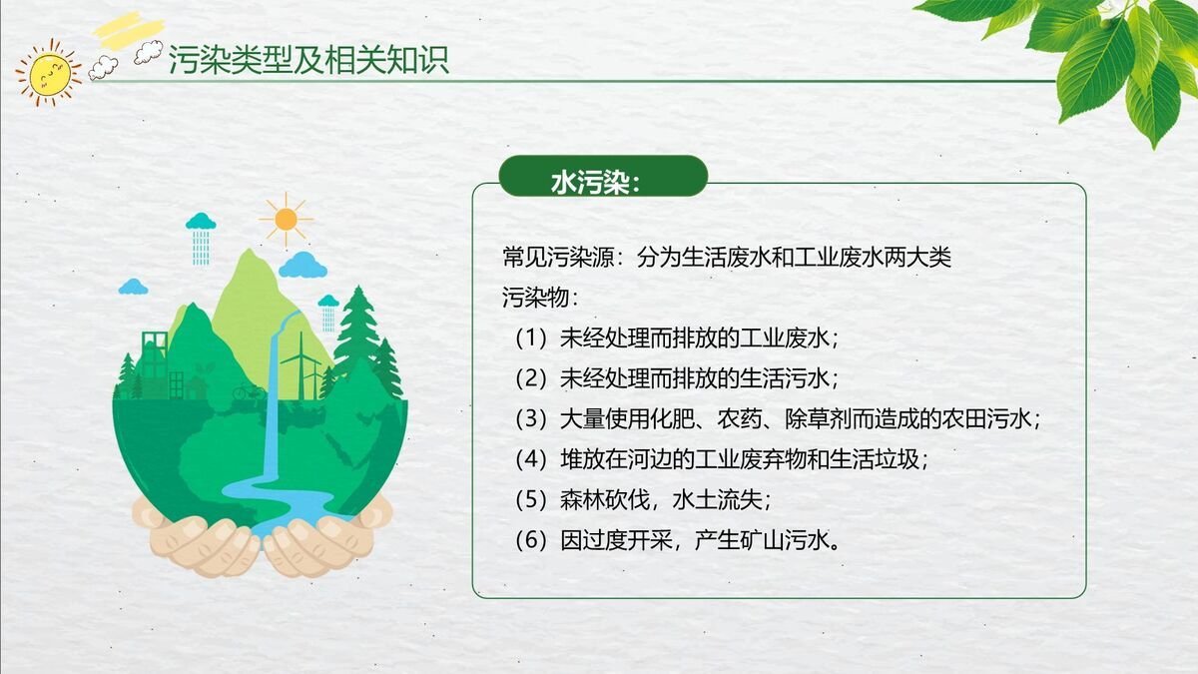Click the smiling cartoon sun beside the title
tap(48, 71)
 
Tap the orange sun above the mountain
tap(286, 219)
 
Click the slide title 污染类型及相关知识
tap(308, 60)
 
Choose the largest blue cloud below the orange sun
tap(302, 266)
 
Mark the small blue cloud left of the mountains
tap(133, 288)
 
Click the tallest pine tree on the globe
tap(356, 330)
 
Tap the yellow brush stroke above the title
tap(127, 27)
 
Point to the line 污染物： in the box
tap(540, 298)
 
